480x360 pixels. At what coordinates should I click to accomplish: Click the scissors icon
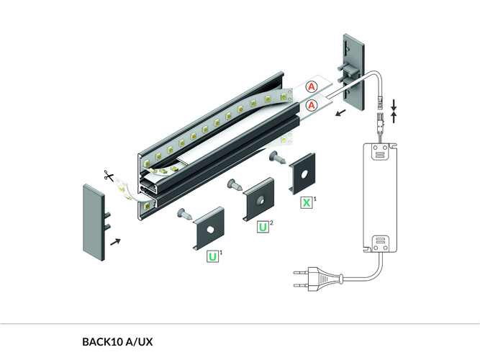107,175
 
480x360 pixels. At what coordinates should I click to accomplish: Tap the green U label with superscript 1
213,256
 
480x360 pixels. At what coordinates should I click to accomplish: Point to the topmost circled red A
312,87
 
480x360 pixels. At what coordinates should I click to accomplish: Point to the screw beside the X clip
278,156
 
